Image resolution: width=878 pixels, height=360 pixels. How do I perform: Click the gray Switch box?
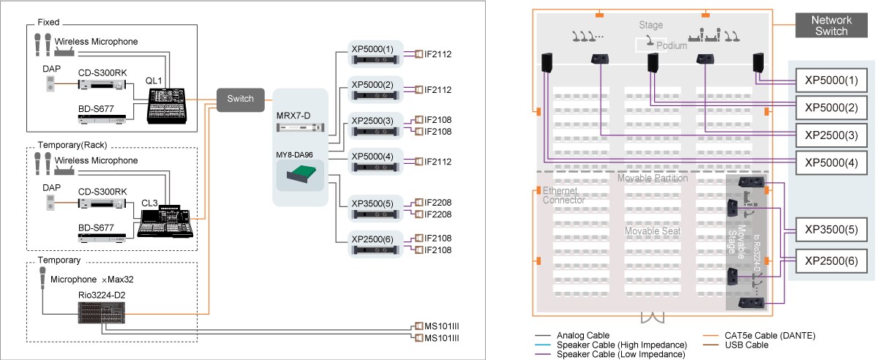point(241,100)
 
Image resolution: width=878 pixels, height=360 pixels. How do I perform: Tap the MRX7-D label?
point(293,116)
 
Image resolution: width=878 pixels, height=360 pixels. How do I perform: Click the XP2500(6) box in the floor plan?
point(830,260)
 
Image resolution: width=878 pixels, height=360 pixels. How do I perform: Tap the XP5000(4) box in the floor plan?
point(830,162)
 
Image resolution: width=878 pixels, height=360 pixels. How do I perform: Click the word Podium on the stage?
point(672,45)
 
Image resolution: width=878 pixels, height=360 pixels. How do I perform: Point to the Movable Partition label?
point(652,178)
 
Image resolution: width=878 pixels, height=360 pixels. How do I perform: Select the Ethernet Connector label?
point(563,195)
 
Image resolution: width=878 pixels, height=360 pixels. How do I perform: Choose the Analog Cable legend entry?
point(582,335)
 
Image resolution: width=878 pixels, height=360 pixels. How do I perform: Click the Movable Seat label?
point(651,231)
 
